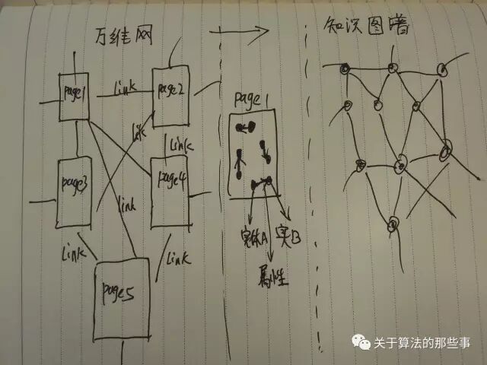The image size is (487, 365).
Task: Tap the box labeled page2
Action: click(171, 94)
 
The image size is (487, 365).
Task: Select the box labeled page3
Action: click(74, 190)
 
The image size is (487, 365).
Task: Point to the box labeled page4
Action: click(169, 190)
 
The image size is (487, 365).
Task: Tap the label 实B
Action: click(289, 237)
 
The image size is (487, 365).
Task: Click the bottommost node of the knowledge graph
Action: click(393, 223)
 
